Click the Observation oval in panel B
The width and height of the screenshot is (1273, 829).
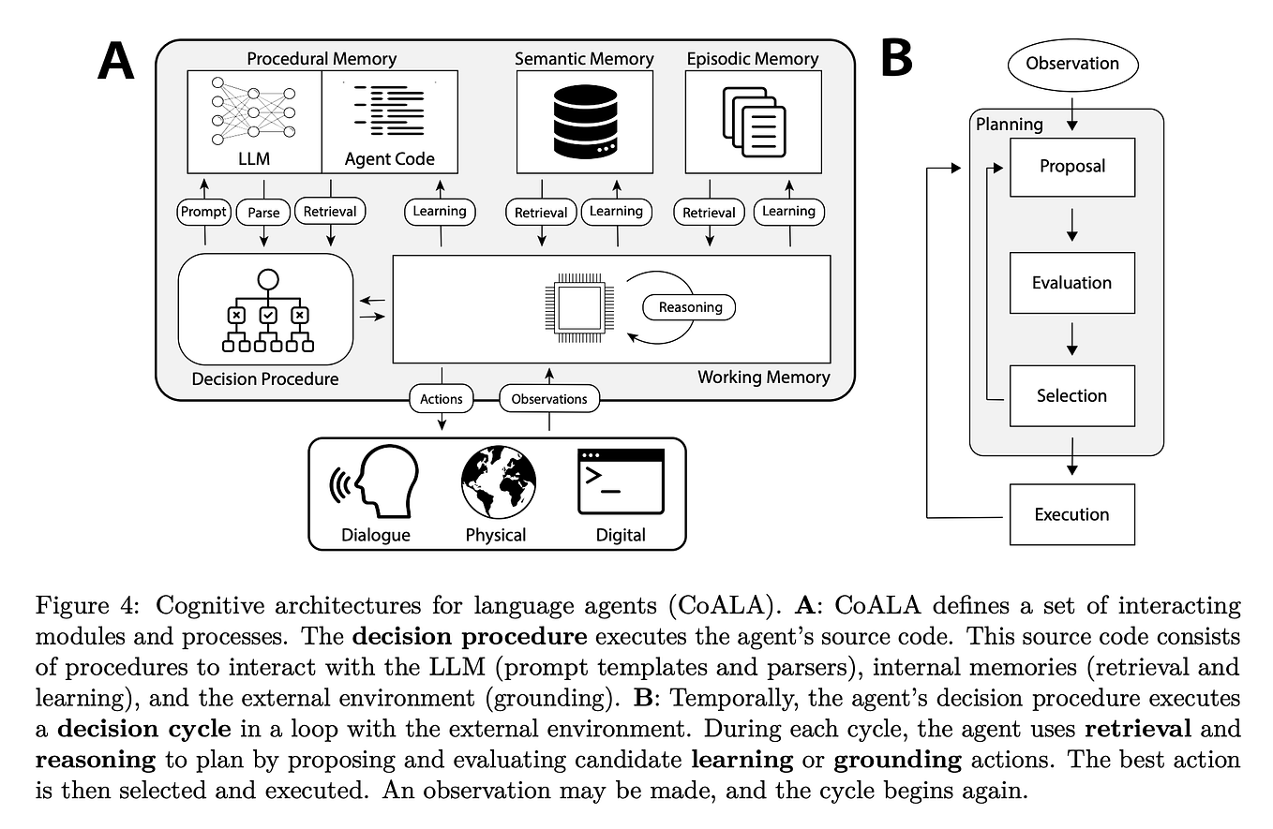(x=1071, y=64)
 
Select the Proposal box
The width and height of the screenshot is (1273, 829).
(x=1071, y=167)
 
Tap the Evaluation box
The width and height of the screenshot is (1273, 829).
(x=1071, y=283)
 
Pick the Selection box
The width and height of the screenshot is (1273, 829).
(x=1071, y=396)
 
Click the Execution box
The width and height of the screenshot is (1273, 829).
(x=1071, y=514)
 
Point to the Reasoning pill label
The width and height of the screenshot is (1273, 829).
(x=690, y=307)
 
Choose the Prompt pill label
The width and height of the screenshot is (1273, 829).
(x=203, y=212)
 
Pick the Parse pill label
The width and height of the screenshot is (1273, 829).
(x=263, y=213)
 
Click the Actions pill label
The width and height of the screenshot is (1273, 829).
(x=441, y=399)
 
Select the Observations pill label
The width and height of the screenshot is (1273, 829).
(x=548, y=399)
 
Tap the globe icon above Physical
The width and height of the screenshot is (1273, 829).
(x=498, y=481)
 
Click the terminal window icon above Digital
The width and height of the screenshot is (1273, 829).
(x=621, y=481)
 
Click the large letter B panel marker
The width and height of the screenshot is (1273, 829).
(x=896, y=59)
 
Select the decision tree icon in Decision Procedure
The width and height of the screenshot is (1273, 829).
(x=267, y=313)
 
